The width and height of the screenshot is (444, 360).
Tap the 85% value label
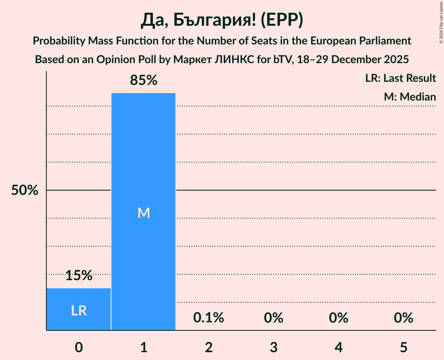tap(143, 81)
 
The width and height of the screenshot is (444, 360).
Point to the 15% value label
tap(79, 276)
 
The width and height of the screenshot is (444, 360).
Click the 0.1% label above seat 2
tap(209, 318)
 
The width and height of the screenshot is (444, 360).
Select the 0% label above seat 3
tap(273, 318)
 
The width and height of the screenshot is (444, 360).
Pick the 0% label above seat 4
tap(338, 318)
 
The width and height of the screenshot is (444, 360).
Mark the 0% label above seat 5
tap(403, 318)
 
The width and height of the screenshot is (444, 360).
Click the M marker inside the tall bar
tap(143, 213)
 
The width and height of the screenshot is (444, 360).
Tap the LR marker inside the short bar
tap(79, 311)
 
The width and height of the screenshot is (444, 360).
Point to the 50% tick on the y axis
tap(25, 191)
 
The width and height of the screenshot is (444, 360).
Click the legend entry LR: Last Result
tap(400, 78)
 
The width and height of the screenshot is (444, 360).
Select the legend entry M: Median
tap(410, 97)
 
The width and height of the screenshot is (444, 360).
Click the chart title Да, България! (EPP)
tap(222, 21)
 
